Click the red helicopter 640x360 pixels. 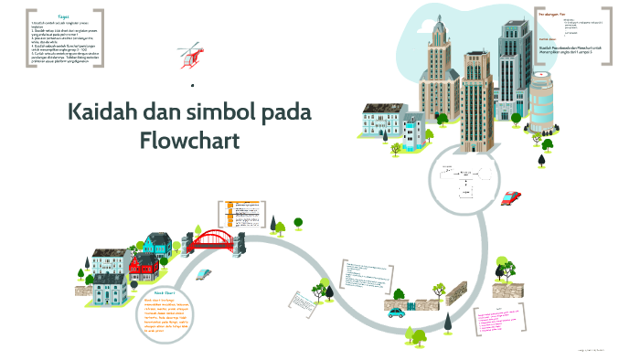190,54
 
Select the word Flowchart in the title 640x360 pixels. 190,141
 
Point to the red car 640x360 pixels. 512,196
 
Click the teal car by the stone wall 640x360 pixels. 396,312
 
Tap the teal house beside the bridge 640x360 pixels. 156,244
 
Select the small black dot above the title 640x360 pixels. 193,86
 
